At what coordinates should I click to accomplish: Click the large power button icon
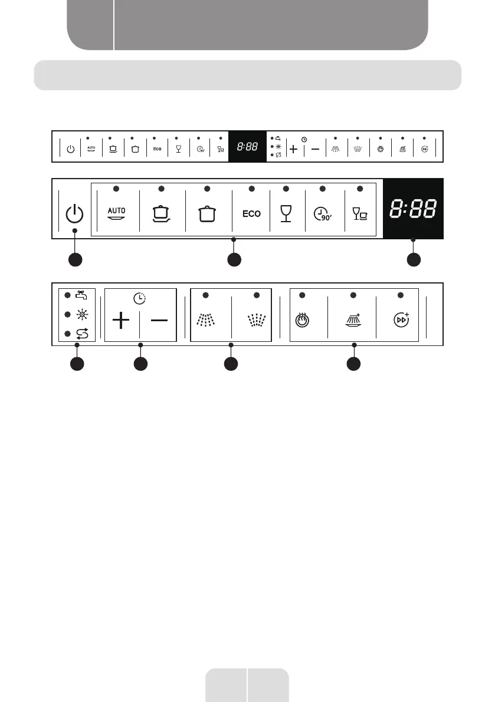click(x=74, y=213)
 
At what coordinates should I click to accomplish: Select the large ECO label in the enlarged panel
click(x=251, y=213)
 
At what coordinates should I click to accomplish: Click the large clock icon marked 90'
click(x=322, y=213)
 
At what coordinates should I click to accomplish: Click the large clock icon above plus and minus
click(x=140, y=298)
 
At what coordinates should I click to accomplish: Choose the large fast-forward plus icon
click(x=401, y=320)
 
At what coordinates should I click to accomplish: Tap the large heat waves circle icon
click(x=301, y=321)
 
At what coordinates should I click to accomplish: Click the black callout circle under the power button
click(x=74, y=259)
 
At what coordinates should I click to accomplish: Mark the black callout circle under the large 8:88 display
click(x=413, y=259)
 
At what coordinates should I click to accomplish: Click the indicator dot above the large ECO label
click(x=251, y=189)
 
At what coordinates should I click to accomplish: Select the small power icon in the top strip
click(x=70, y=149)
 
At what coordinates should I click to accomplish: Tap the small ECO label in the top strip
click(x=157, y=149)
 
